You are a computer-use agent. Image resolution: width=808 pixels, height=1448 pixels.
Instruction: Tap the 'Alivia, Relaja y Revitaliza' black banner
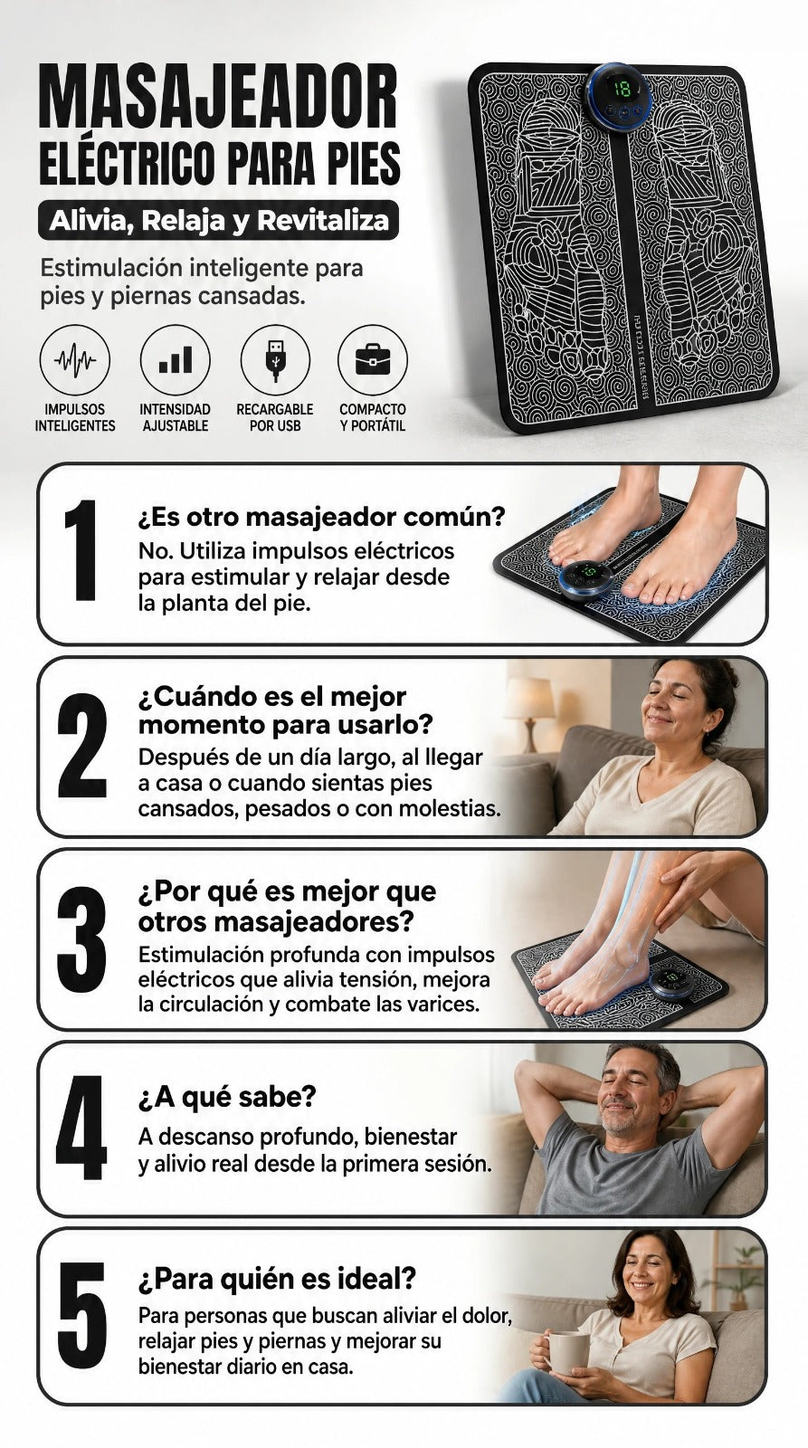tap(218, 221)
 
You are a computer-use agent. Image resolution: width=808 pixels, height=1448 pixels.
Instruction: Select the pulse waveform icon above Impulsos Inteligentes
tap(75, 359)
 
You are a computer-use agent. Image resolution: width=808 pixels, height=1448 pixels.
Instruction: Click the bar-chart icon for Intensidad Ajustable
tap(176, 359)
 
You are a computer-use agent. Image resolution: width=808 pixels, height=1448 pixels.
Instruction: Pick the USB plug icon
tap(275, 359)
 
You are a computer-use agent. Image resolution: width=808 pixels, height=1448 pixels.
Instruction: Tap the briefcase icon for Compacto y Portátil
tap(373, 359)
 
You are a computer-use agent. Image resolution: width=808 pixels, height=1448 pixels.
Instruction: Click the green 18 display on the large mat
tap(622, 90)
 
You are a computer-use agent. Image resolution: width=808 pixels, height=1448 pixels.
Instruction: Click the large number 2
tap(81, 745)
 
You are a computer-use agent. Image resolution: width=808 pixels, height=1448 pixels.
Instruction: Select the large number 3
tap(81, 938)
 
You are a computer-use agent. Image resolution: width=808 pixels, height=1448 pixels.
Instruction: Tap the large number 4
tap(81, 1128)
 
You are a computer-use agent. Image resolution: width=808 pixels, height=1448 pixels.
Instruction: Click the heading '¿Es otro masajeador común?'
tap(321, 517)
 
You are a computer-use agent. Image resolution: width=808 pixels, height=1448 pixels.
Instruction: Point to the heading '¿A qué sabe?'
tap(227, 1097)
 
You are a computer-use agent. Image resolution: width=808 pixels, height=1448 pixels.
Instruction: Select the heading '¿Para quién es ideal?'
tap(277, 1279)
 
